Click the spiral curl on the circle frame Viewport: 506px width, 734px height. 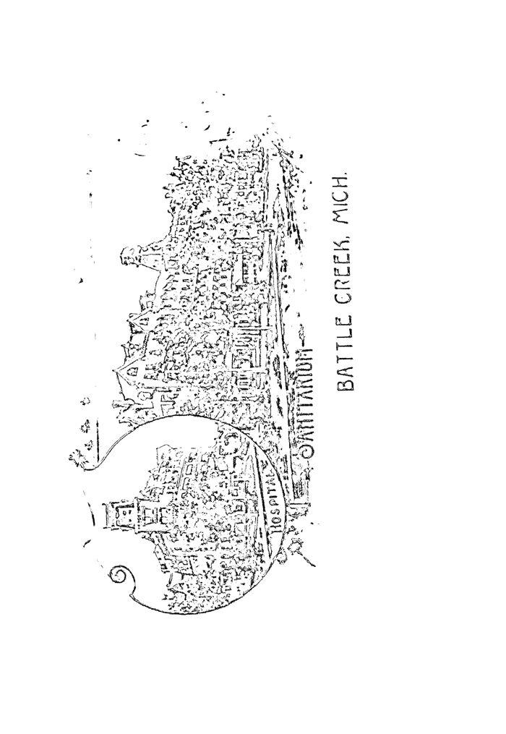tap(121, 578)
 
